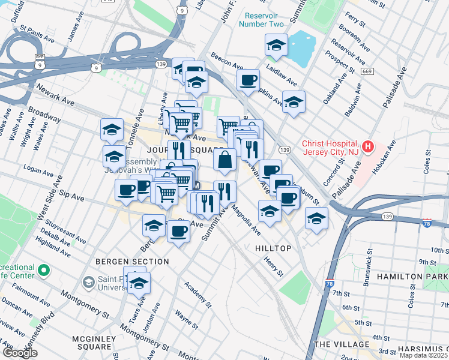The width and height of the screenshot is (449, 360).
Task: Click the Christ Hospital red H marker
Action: coord(369,146)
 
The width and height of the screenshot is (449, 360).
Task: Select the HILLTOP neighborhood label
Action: coord(273,248)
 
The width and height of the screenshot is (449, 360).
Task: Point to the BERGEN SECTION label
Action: coord(132,262)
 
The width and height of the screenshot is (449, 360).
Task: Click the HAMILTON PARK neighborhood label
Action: coord(412,277)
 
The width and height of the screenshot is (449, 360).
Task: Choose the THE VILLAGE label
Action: coord(341,344)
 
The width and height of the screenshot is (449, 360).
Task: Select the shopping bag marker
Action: coord(224,160)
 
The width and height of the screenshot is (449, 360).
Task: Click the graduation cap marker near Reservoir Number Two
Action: coord(276,46)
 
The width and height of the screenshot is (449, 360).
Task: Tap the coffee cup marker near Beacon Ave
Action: coord(248,80)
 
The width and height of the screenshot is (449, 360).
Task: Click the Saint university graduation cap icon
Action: coord(88,281)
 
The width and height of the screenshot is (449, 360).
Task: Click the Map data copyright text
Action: coord(424,355)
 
